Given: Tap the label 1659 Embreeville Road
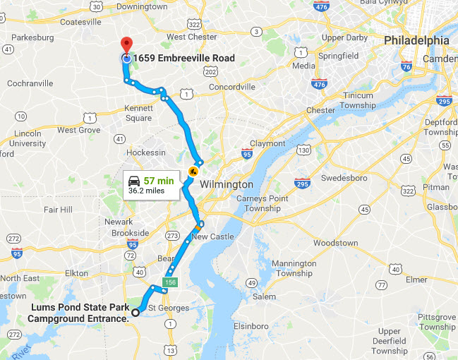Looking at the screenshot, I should (x=184, y=58).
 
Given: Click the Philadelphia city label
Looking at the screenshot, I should (x=416, y=41).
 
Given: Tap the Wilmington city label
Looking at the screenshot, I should (x=227, y=184).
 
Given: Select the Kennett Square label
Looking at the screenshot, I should (x=138, y=113).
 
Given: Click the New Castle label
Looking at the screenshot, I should (x=212, y=236).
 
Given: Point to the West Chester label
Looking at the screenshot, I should (x=192, y=37).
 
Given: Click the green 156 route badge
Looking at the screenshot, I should (x=169, y=283).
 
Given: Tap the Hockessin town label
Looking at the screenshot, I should (x=145, y=152).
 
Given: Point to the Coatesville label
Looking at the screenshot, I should (x=81, y=22).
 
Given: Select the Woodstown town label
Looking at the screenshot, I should (x=335, y=243).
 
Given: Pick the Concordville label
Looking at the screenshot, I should (x=232, y=87).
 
